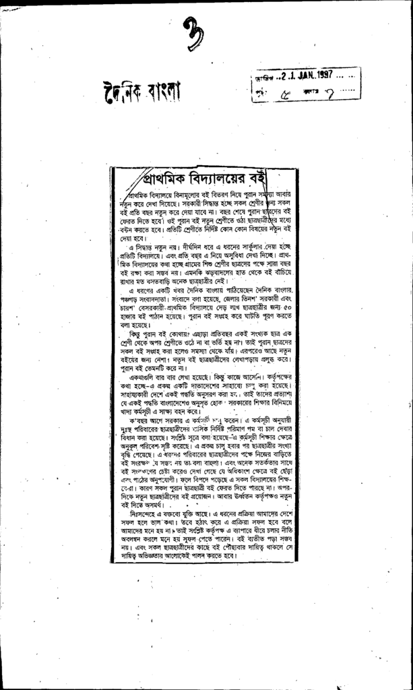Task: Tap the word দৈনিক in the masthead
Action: pos(122,94)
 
